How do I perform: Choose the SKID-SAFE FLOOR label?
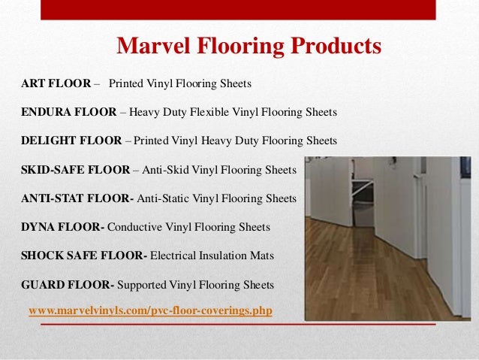tap(75, 170)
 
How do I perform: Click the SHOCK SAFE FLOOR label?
tap(82, 256)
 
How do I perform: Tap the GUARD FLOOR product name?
tap(66, 285)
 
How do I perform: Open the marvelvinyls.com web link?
tap(149, 310)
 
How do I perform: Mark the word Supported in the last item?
tap(143, 285)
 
